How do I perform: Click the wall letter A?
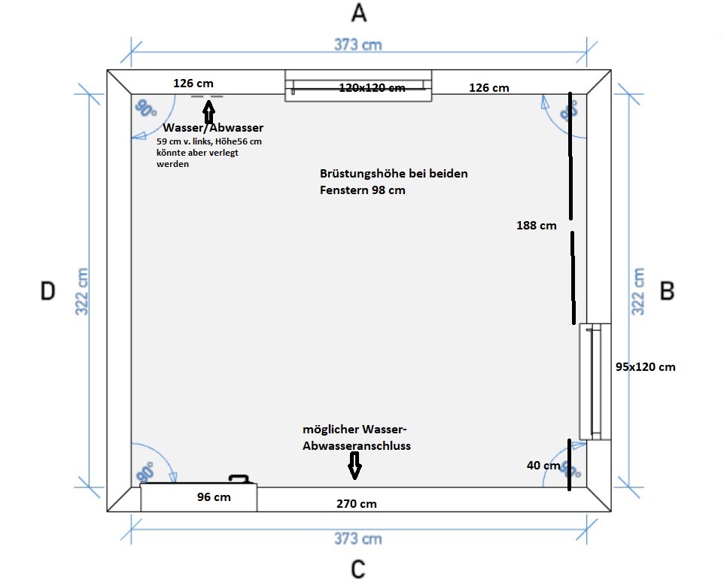tap(359, 13)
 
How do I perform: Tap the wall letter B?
tap(667, 290)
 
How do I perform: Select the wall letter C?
tap(359, 568)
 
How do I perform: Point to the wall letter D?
tap(47, 291)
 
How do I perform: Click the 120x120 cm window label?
tap(372, 88)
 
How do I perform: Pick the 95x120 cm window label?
tap(645, 367)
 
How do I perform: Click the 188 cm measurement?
tap(537, 225)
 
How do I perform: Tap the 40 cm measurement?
tap(543, 466)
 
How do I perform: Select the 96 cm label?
tap(214, 497)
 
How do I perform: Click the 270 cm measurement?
tap(356, 504)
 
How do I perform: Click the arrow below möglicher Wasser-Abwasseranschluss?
tap(354, 469)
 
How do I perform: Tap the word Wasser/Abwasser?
tap(213, 128)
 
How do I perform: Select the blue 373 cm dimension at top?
tap(357, 44)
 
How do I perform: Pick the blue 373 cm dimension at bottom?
tap(357, 539)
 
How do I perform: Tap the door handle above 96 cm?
tap(239, 478)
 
